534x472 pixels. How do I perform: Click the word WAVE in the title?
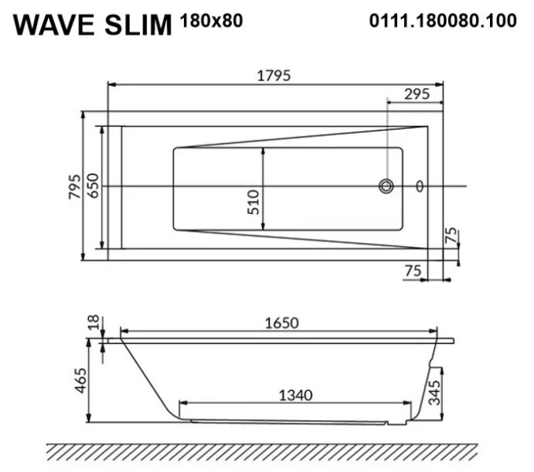pyautogui.click(x=54, y=25)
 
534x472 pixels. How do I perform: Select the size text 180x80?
pyautogui.click(x=212, y=20)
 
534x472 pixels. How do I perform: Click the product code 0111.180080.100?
pyautogui.click(x=443, y=21)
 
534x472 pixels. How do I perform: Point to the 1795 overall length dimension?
pyautogui.click(x=274, y=76)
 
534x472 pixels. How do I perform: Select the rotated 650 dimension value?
pyautogui.click(x=93, y=186)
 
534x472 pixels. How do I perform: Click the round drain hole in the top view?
pyautogui.click(x=386, y=186)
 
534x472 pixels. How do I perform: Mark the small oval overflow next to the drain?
pyautogui.click(x=420, y=186)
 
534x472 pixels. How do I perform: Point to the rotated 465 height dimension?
pyautogui.click(x=79, y=382)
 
